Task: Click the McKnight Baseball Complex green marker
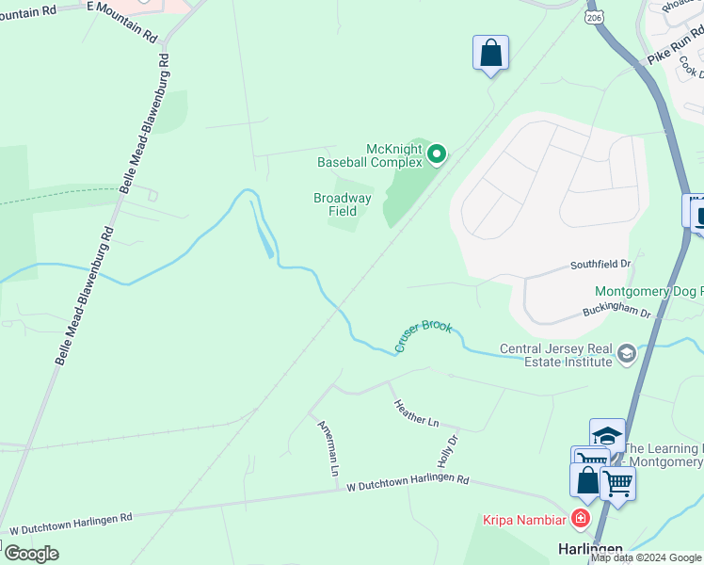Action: click(436, 153)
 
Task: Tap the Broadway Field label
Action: click(343, 204)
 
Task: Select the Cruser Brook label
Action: click(424, 337)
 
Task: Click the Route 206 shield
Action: click(593, 19)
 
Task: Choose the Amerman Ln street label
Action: click(328, 447)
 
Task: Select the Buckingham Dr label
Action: click(616, 309)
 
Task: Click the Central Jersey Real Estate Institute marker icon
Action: click(626, 355)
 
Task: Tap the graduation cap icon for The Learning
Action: click(607, 435)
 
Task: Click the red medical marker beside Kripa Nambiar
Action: click(580, 519)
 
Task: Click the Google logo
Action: click(31, 554)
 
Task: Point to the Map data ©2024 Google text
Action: click(646, 557)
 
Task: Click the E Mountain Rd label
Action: click(122, 20)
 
